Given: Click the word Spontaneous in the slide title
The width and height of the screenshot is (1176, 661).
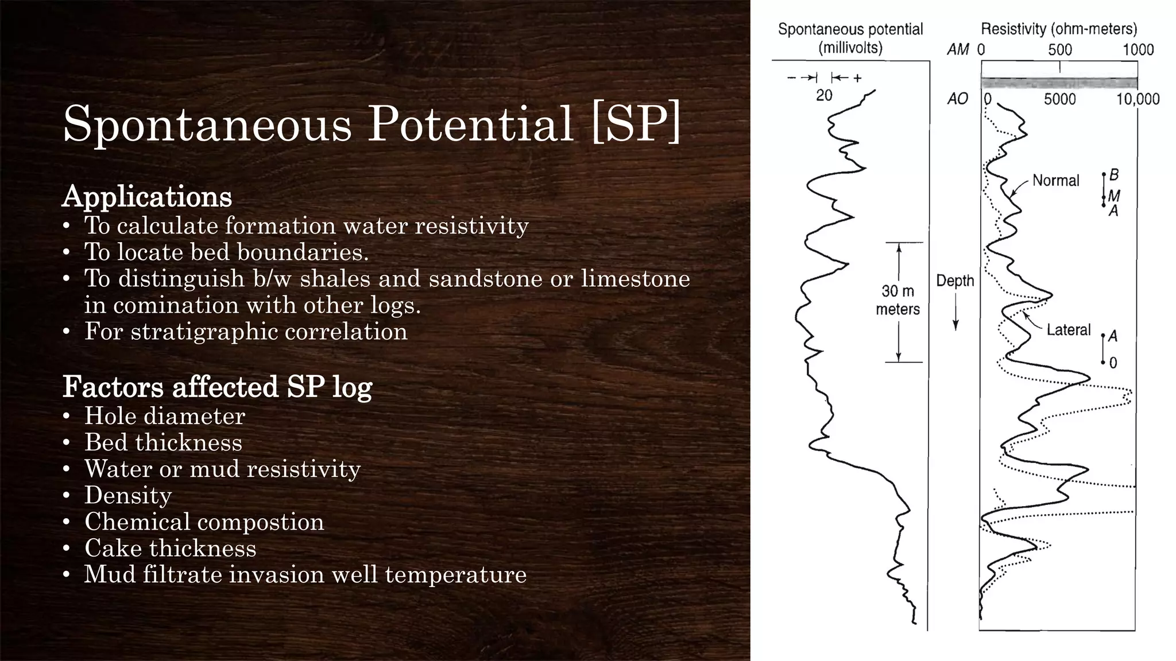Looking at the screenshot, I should pos(207,123).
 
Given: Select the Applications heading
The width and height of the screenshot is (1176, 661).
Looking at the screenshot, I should pos(147,197).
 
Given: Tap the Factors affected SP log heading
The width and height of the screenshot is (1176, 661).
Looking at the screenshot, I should pos(218,387).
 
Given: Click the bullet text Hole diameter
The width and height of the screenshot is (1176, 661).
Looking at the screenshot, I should pos(165,416).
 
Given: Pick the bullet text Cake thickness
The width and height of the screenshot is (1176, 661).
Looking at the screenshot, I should pos(170,548).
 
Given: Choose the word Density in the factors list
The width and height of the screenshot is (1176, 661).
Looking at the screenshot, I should pos(128,495).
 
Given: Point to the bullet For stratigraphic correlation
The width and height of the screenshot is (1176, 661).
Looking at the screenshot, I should pos(246,332).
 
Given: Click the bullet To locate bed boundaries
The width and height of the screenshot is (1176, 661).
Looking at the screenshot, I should pos(226,252).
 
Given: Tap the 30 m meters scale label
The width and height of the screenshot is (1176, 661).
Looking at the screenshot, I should pos(898,300).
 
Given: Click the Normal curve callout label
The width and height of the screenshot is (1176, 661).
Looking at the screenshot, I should pos(1055,181).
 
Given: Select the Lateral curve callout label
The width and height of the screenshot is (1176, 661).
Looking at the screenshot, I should pos(1068,330).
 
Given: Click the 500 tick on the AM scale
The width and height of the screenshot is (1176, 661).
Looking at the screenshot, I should pos(1059,50).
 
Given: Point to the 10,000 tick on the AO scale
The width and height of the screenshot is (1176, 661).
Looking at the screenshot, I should pos(1138,99).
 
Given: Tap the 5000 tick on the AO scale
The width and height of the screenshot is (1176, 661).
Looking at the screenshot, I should pos(1059,99).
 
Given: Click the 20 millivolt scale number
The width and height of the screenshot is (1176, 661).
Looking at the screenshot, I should pos(824,95).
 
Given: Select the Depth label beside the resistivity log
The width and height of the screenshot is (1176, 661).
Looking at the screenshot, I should pos(955,281).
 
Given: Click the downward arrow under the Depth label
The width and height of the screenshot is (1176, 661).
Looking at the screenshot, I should pos(955,313).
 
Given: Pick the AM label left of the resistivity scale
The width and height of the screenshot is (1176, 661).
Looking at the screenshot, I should pos(958,50).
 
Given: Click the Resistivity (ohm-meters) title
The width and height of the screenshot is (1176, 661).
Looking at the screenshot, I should pos(1059,29).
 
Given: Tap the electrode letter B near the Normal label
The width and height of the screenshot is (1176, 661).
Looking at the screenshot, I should pos(1114,174).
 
